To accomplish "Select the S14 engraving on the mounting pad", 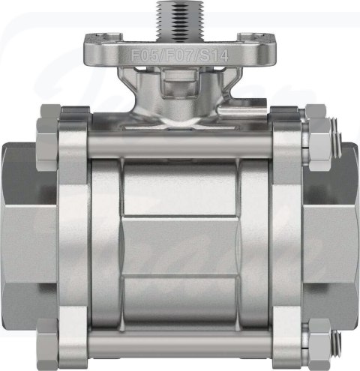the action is (x=214, y=56).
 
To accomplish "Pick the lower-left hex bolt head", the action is (x=48, y=343).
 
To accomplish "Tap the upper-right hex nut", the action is (x=319, y=138).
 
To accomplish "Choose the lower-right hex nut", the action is (x=320, y=344).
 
